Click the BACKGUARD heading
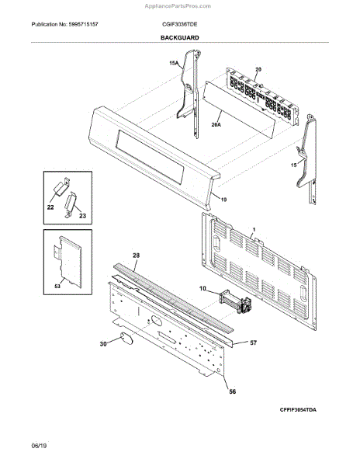[x=180, y=38]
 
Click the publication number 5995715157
[x=83, y=24]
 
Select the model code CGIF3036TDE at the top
[x=179, y=24]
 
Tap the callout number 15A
[x=174, y=63]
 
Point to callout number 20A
[x=216, y=125]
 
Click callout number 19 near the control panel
[x=223, y=200]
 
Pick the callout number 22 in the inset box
[x=50, y=207]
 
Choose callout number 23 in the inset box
[x=82, y=215]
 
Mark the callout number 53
[x=57, y=286]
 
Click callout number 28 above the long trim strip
[x=137, y=256]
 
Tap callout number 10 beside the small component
[x=202, y=288]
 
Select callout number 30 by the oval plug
[x=103, y=344]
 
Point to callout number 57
[x=253, y=343]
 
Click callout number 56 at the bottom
[x=233, y=391]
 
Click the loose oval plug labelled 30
[x=126, y=339]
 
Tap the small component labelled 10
[x=235, y=302]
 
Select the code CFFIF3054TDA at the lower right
[x=298, y=410]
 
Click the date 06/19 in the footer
[x=39, y=446]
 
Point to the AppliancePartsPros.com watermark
[x=178, y=6]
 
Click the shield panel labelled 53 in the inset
[x=68, y=262]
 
